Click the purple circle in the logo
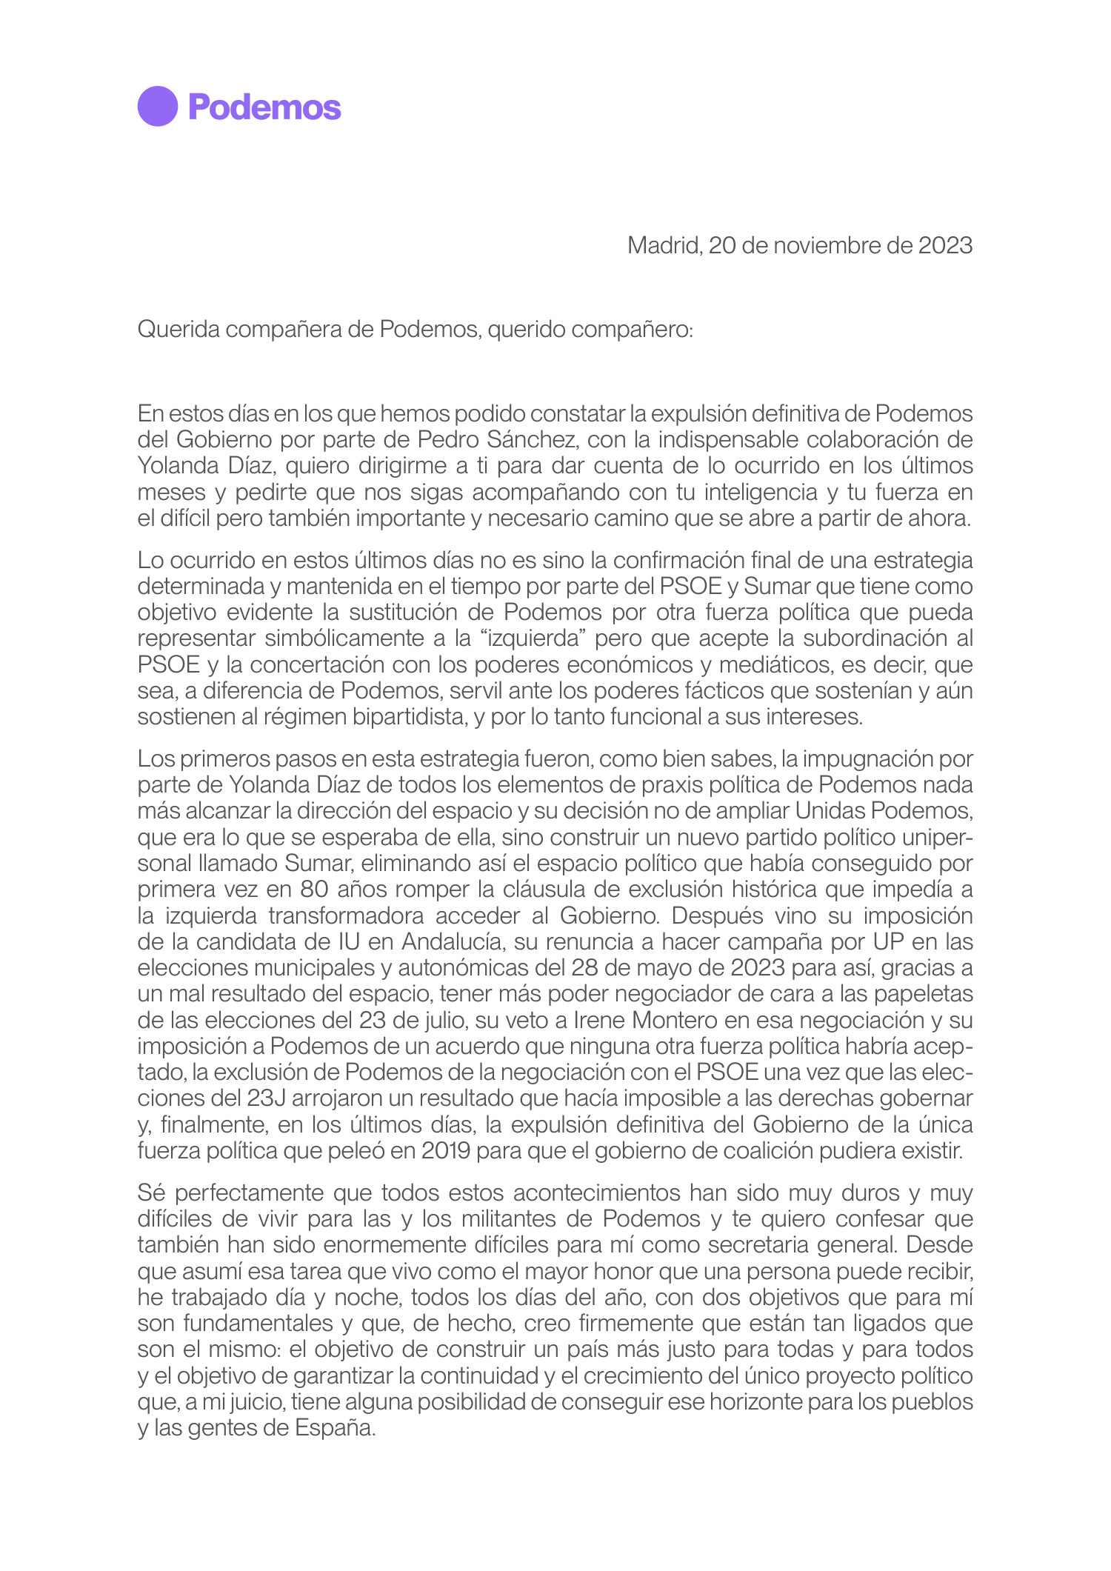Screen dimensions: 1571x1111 157,107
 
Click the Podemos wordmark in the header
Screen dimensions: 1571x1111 264,107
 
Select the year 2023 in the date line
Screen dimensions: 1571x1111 945,245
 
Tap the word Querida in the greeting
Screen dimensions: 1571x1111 179,329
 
